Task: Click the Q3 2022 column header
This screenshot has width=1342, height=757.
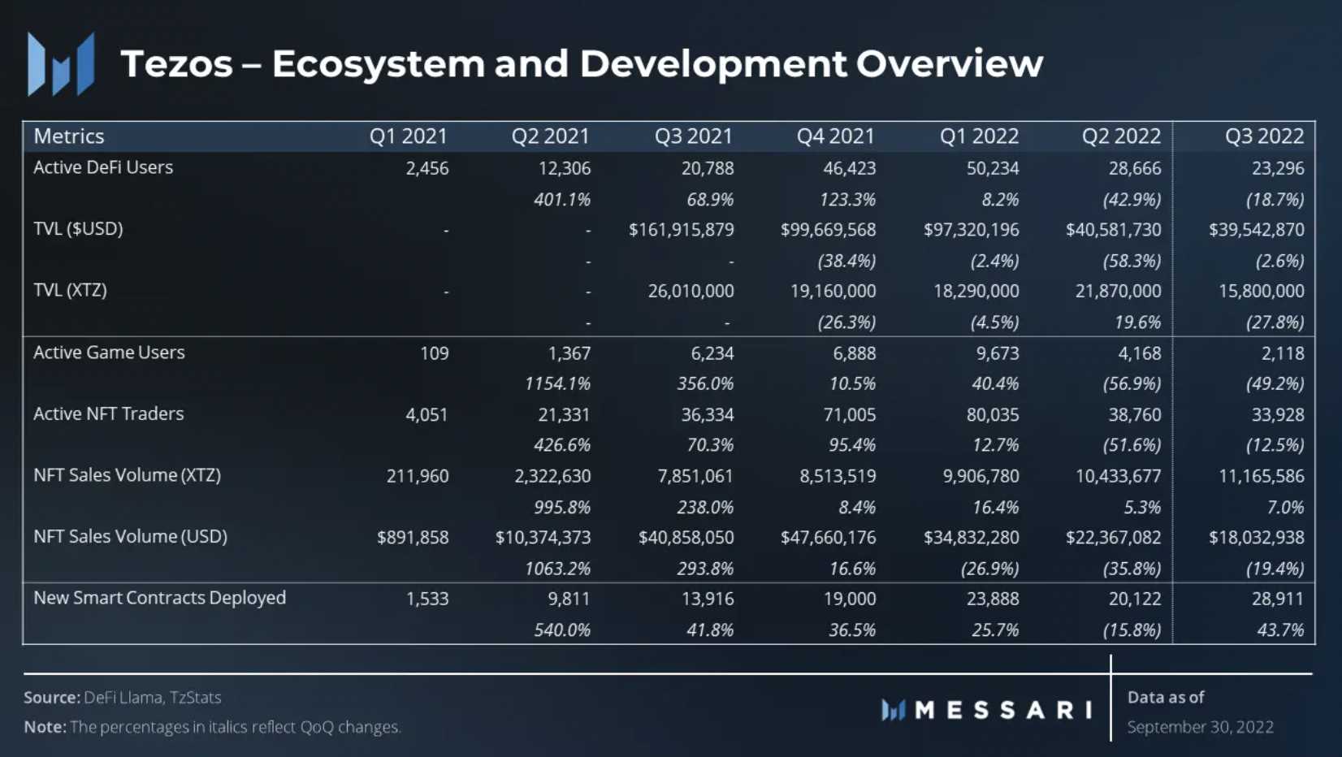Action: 1264,136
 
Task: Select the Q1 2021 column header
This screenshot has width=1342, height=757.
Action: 408,136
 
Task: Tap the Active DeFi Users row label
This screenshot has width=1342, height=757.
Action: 103,167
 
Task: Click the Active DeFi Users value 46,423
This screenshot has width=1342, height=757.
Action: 849,169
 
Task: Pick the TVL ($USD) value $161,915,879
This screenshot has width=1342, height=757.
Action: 681,231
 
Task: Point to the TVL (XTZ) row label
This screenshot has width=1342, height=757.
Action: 70,290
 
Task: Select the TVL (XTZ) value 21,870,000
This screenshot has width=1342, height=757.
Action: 1118,292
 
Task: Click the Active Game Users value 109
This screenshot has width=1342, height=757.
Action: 434,353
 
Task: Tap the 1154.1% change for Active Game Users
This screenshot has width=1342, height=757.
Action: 557,383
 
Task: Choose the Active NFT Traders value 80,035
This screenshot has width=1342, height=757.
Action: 992,415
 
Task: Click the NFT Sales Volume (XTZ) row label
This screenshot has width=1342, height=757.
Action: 127,475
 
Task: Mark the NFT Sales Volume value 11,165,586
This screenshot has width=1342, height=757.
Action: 1261,477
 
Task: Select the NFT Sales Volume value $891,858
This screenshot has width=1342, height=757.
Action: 413,538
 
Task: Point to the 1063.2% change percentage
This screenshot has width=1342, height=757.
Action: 557,569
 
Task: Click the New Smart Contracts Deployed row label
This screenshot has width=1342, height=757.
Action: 159,598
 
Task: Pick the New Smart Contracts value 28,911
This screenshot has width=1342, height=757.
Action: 1277,599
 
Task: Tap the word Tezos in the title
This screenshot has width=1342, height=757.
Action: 177,64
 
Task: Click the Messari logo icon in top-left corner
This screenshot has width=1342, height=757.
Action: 61,64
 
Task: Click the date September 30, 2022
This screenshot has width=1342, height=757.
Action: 1200,727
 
